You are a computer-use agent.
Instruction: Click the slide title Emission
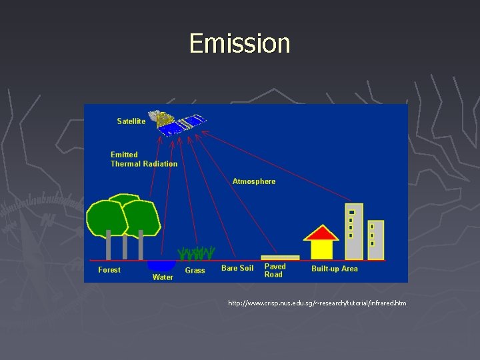(240, 43)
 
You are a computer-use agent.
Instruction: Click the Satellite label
(131, 121)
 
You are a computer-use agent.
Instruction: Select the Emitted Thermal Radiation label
(144, 159)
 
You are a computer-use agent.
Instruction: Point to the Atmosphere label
(253, 181)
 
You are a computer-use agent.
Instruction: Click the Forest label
(109, 270)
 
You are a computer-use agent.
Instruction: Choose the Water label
(163, 277)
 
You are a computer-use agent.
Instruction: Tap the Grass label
(195, 271)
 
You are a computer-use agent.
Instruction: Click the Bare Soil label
(237, 269)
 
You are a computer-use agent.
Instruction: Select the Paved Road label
(275, 270)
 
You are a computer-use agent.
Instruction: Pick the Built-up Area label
(335, 269)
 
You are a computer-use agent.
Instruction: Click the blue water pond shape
(161, 265)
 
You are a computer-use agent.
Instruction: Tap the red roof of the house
(321, 233)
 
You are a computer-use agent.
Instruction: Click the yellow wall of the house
(322, 249)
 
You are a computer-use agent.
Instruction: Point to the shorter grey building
(376, 240)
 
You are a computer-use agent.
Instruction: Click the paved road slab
(280, 257)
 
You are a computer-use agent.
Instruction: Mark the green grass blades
(196, 253)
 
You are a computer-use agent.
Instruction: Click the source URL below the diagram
(317, 303)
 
